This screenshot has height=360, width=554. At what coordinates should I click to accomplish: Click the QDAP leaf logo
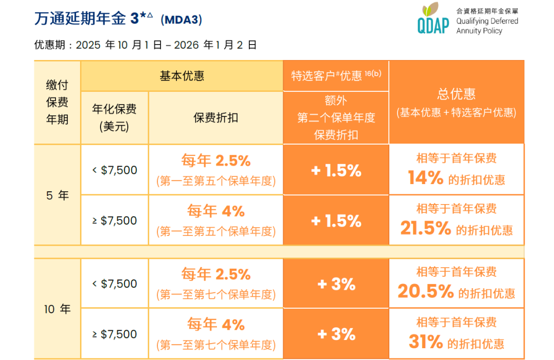(433, 19)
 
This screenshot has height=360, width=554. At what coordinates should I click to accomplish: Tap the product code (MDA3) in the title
(181, 20)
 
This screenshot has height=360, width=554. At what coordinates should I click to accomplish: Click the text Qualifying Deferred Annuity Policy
(487, 26)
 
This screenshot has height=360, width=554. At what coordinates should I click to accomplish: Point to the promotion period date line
(145, 45)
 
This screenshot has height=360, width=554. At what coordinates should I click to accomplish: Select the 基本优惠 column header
(182, 76)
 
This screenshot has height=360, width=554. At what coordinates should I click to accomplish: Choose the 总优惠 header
(456, 102)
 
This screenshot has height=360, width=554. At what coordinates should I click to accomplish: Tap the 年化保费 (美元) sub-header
(114, 117)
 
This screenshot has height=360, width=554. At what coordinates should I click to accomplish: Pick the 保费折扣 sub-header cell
(215, 117)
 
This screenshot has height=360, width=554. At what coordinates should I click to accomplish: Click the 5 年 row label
(57, 195)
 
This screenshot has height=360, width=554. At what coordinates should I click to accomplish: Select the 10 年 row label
(57, 309)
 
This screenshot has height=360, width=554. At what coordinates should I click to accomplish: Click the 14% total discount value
(426, 178)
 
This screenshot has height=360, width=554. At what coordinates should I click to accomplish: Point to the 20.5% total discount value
(426, 292)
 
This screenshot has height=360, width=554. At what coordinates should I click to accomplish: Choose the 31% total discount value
(426, 342)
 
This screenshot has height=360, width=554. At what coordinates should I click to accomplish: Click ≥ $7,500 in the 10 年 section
(114, 334)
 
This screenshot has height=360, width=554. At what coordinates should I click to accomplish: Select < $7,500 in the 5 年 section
(114, 170)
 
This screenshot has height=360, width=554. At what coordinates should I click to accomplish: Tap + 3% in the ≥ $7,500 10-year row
(336, 334)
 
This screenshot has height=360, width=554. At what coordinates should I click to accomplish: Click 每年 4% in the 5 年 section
(215, 211)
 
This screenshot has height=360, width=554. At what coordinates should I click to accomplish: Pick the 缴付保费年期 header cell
(57, 102)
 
